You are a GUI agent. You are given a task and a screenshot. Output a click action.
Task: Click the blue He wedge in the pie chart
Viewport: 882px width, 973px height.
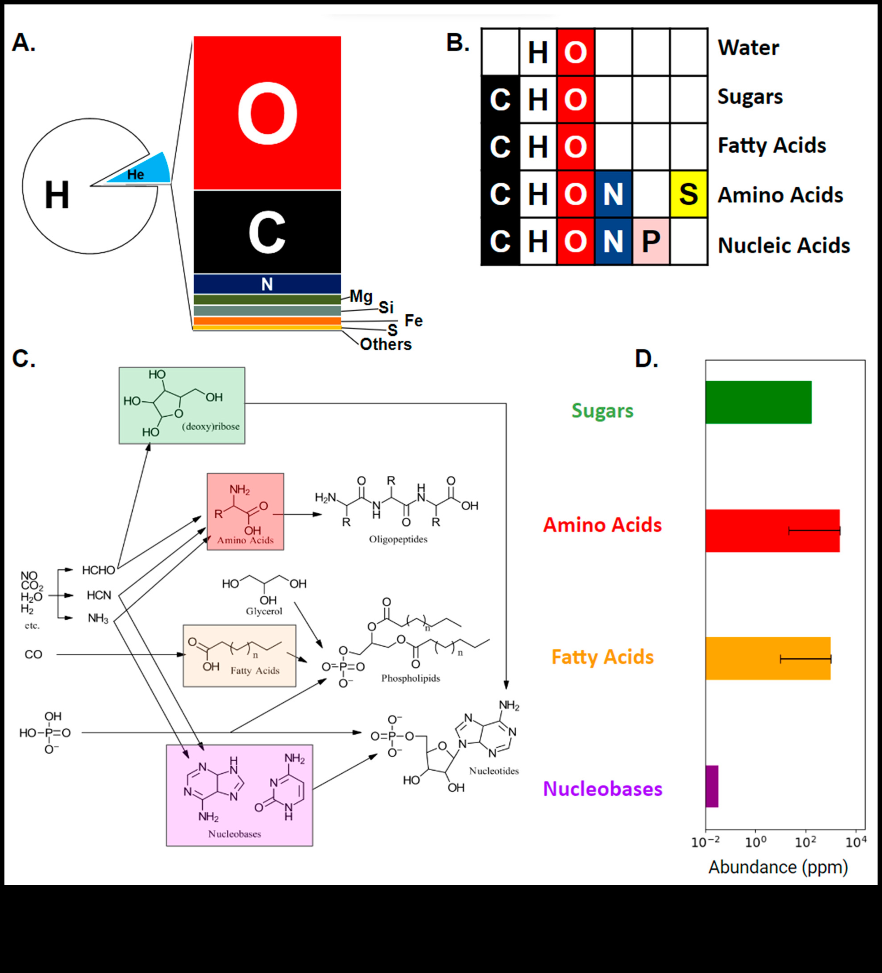pyautogui.click(x=145, y=171)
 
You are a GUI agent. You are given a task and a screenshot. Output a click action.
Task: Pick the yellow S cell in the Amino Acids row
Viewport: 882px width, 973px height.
pyautogui.click(x=688, y=194)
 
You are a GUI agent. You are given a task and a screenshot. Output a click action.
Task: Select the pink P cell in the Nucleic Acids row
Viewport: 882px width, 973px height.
pyautogui.click(x=651, y=241)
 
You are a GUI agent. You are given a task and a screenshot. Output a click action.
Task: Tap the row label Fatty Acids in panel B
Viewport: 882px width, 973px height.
pyautogui.click(x=771, y=145)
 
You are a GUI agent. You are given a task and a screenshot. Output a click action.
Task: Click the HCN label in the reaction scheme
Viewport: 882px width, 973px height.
pyautogui.click(x=99, y=595)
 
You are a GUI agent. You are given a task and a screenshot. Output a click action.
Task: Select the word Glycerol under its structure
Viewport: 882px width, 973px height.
pyautogui.click(x=264, y=611)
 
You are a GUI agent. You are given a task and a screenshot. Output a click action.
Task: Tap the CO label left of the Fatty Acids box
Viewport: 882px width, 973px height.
pyautogui.click(x=33, y=654)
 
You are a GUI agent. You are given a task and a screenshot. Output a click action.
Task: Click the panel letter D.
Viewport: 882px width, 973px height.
pyautogui.click(x=646, y=359)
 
